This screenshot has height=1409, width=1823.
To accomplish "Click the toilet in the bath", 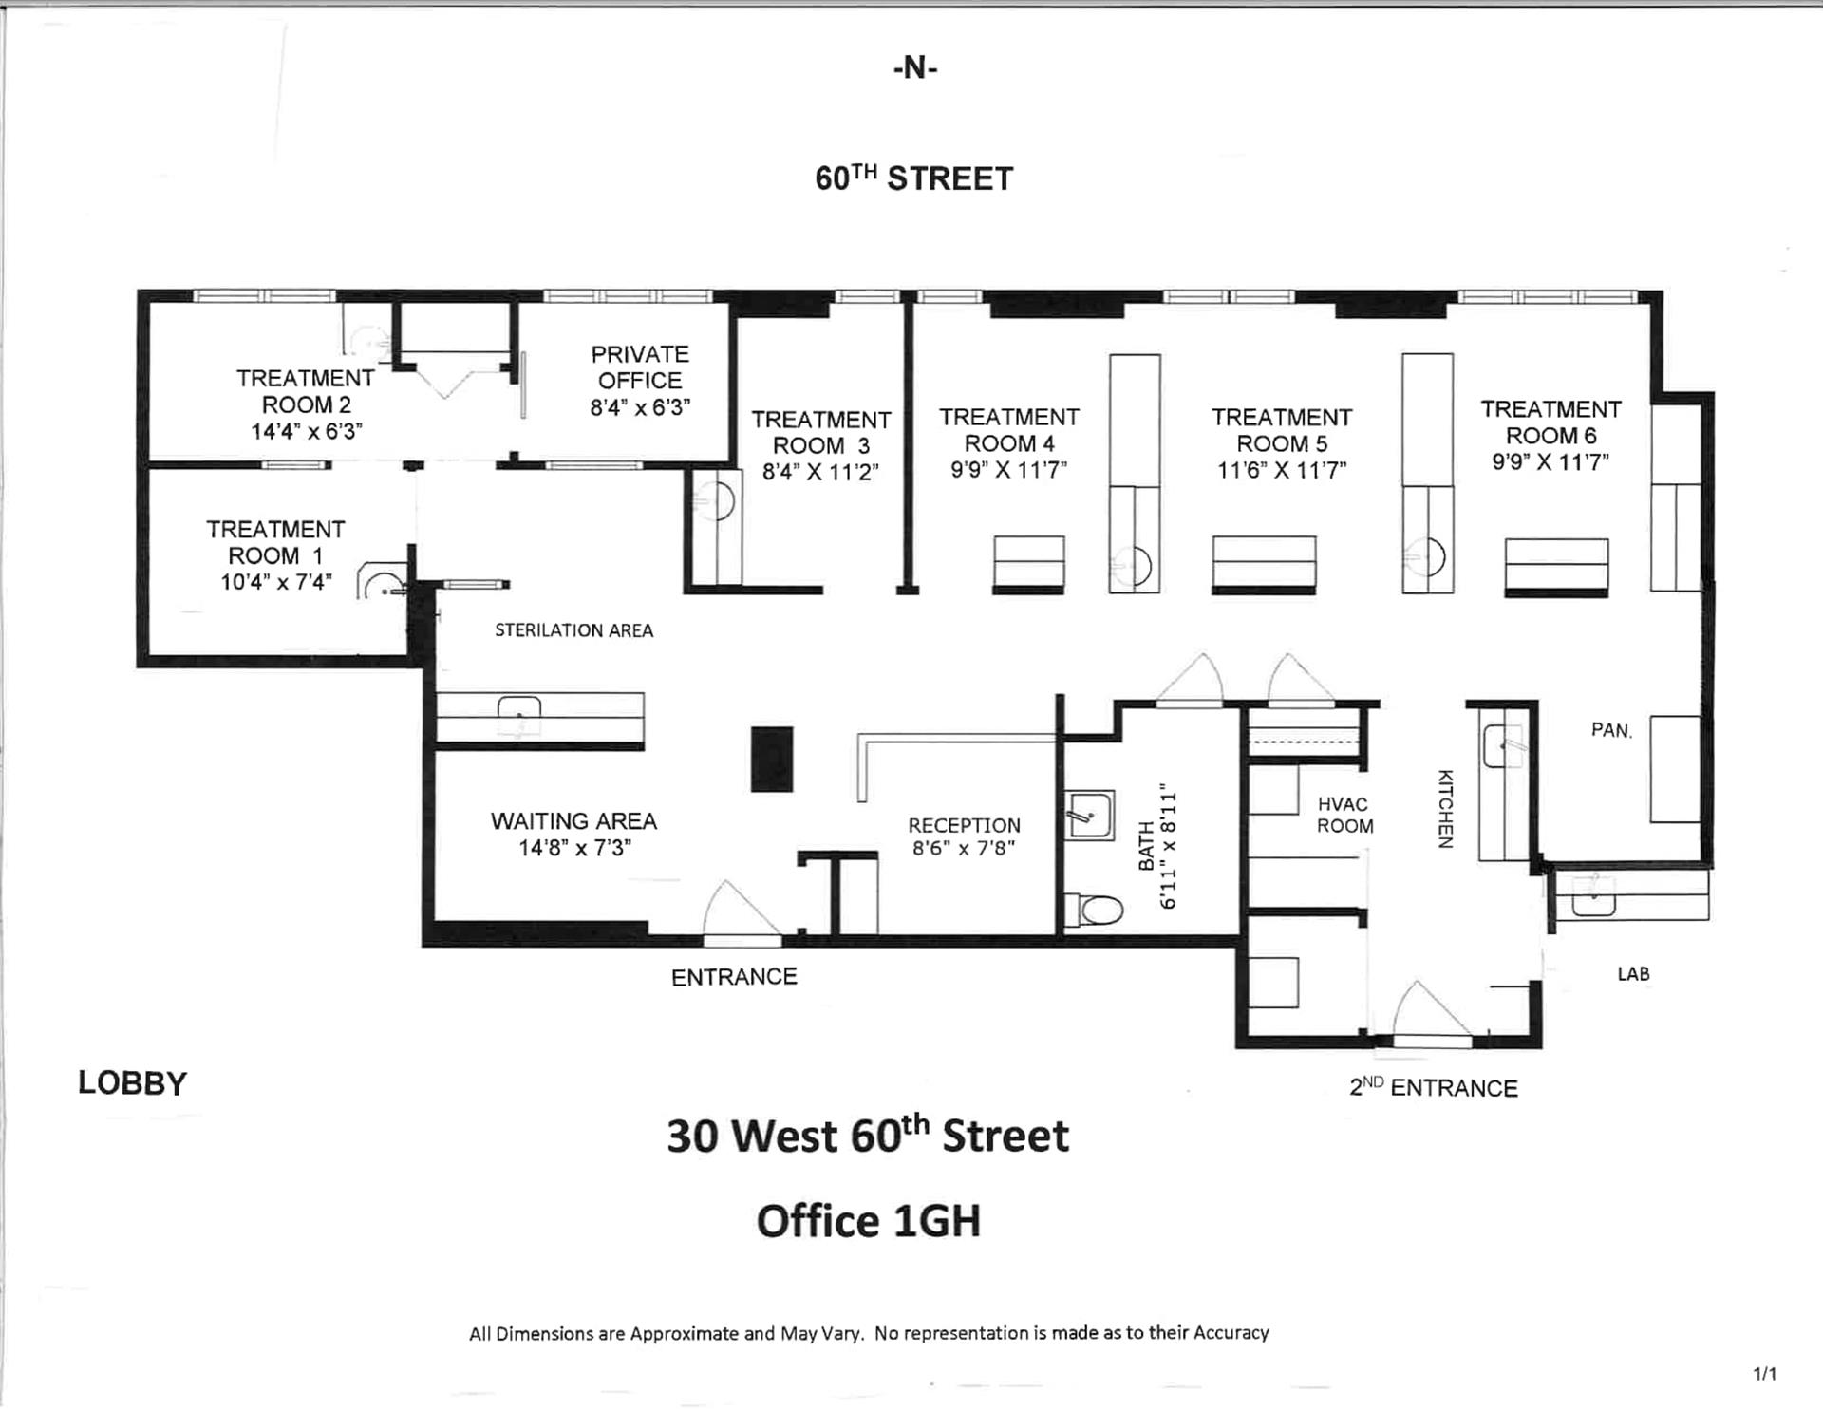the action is tap(1094, 910).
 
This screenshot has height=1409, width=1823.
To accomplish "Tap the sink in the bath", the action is tap(1089, 815).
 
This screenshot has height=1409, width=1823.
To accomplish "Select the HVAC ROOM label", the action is tap(1344, 816).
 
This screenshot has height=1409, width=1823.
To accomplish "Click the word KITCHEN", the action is tap(1445, 808).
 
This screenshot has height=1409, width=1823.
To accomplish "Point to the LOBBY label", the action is tap(133, 1083).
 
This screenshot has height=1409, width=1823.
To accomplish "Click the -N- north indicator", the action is tap(915, 68).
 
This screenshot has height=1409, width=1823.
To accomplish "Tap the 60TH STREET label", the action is tap(914, 178).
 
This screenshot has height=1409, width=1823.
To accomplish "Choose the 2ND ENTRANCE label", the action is tap(1434, 1087).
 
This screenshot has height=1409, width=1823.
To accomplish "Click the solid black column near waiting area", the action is tap(772, 759).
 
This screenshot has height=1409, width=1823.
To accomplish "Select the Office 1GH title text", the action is tap(869, 1221).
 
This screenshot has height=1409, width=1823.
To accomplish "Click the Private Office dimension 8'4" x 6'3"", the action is tap(640, 407).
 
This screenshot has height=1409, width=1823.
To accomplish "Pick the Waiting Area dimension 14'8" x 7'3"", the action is tap(574, 848).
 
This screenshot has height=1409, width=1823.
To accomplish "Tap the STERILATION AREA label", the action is tap(573, 630).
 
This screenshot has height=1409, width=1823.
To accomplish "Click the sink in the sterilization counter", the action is tap(519, 715).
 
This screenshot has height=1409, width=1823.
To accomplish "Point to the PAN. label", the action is tap(1611, 730).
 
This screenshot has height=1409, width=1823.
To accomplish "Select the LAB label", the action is tap(1633, 974).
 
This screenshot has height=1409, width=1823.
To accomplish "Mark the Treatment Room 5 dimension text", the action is tap(1282, 470).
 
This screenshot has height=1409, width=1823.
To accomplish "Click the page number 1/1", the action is tap(1764, 1374).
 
